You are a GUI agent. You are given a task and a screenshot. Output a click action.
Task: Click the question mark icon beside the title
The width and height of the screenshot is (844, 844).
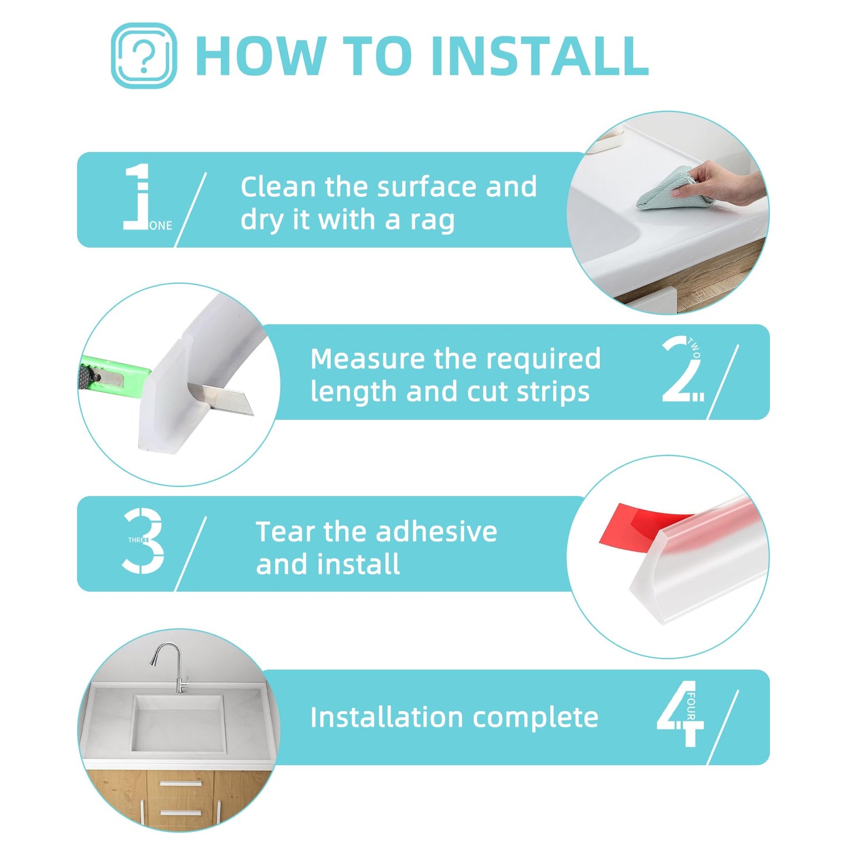143,56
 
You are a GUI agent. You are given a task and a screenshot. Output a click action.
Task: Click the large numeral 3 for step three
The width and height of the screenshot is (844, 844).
144,540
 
